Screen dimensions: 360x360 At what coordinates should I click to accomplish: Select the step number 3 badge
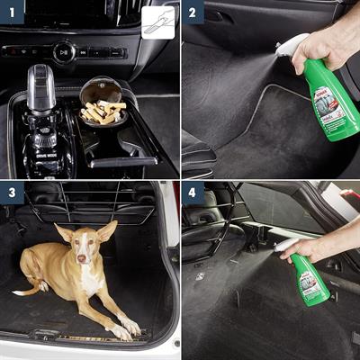[11, 192]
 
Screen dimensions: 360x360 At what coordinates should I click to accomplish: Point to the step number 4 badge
[192, 192]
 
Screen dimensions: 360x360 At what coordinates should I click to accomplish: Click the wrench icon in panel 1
[158, 20]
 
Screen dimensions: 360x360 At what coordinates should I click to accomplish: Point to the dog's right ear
[63, 233]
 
